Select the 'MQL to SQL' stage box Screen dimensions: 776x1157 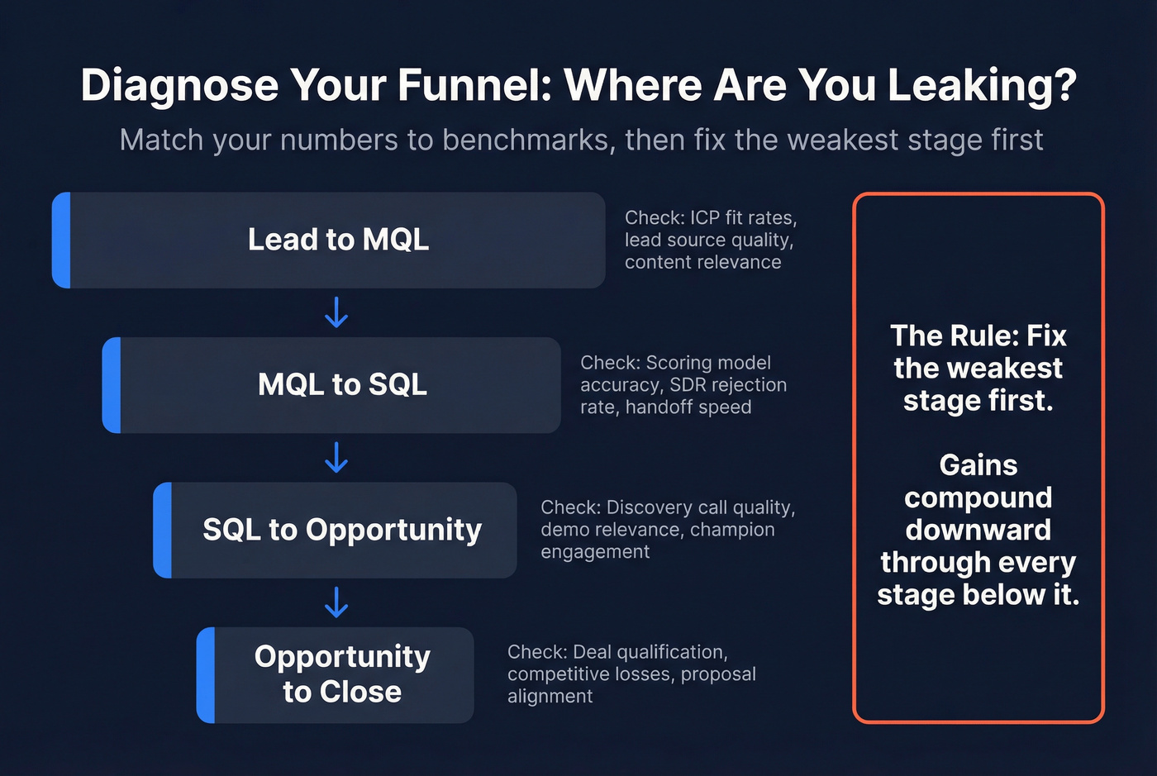click(341, 384)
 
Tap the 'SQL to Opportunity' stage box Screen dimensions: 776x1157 click(341, 530)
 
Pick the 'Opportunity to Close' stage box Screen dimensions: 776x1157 click(341, 674)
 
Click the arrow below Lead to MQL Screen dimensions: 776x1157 click(336, 313)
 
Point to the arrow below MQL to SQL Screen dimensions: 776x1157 click(336, 457)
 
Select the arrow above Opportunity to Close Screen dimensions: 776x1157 click(336, 602)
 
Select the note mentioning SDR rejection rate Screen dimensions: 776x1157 click(683, 384)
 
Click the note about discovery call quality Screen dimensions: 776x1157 click(668, 529)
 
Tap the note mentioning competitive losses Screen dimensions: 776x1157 click(631, 674)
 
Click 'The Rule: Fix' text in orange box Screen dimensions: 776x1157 click(978, 336)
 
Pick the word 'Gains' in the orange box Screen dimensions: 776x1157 click(978, 465)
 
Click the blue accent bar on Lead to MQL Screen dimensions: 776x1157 click(61, 240)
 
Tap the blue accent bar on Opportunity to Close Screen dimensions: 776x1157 click(206, 674)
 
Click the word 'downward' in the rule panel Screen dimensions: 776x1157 click(978, 530)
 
